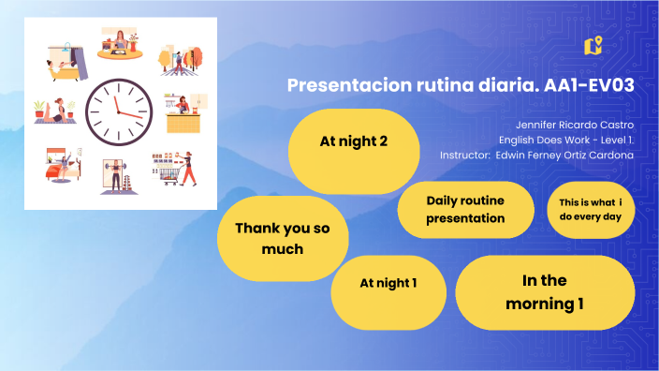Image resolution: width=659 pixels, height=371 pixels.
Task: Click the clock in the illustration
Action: (118, 111)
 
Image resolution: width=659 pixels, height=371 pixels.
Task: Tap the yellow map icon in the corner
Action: (592, 45)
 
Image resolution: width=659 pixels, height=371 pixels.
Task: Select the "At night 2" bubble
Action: (353, 142)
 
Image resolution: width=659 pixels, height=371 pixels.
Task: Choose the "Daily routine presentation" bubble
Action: (465, 209)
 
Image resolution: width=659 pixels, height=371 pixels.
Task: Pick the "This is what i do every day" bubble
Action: (590, 209)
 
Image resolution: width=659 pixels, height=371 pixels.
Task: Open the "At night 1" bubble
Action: (388, 282)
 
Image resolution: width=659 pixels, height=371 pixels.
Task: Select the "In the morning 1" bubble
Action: (545, 291)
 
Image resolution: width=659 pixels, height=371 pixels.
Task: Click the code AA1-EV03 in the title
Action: (590, 85)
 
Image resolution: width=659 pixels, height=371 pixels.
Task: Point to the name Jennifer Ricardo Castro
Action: (574, 124)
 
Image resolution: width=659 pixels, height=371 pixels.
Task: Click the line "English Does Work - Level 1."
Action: (566, 139)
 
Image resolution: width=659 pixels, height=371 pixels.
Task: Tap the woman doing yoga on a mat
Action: (54, 111)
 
